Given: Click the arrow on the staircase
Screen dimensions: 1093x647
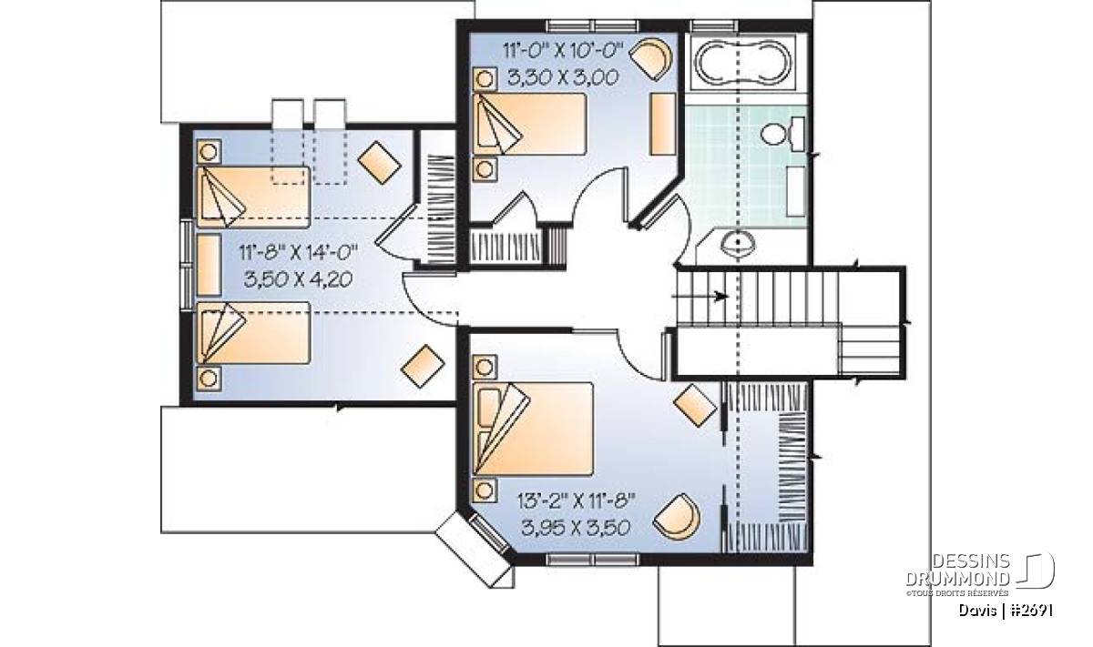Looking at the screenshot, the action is pos(700,296).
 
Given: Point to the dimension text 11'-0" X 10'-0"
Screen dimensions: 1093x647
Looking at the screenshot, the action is pos(563,50).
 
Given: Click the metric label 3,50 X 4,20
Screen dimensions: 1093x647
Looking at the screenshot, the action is pos(298,280).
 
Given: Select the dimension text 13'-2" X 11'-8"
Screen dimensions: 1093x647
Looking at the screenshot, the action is pos(576,500).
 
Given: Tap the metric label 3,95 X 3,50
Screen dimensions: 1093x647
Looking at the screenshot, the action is pos(576,528).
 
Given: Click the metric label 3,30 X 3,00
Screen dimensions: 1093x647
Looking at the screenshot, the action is pos(563,77).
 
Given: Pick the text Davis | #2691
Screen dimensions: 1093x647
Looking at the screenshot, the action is pos(1006,611).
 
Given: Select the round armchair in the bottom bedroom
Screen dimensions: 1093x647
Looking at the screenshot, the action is pos(676,517).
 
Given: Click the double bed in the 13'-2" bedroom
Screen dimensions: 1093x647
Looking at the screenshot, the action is pos(533,429).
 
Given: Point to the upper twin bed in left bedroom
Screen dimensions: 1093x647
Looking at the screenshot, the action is pos(253,197).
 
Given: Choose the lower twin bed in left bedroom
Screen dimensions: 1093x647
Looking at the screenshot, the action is pos(253,333).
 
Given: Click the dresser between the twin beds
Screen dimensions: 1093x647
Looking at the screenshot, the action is pos(209,265).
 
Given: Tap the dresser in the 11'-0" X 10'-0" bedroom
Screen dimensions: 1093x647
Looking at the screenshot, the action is pos(663,125).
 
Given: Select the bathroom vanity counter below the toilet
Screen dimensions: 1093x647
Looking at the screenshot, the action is pos(796,191).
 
